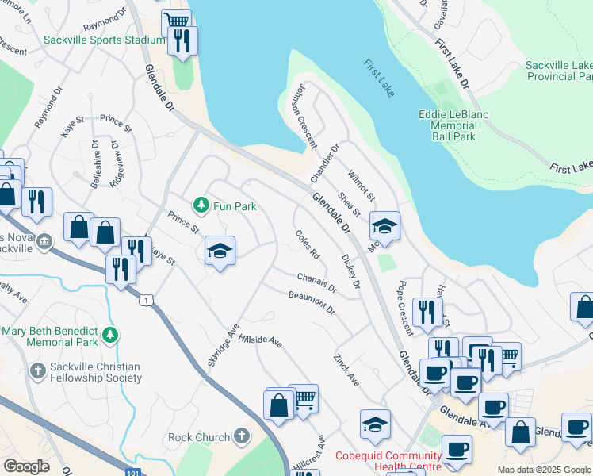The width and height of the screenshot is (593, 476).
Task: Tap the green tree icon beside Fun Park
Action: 202,206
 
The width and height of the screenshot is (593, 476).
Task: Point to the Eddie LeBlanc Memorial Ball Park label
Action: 453,125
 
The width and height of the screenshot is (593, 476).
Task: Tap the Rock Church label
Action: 197,436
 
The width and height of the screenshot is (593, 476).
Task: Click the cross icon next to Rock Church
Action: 241,436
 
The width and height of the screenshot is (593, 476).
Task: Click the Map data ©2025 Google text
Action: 544,470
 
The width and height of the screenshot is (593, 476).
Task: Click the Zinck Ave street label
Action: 346,370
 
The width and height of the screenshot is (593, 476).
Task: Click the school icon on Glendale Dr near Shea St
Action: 384,226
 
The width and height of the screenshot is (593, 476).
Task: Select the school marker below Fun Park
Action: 220,251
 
